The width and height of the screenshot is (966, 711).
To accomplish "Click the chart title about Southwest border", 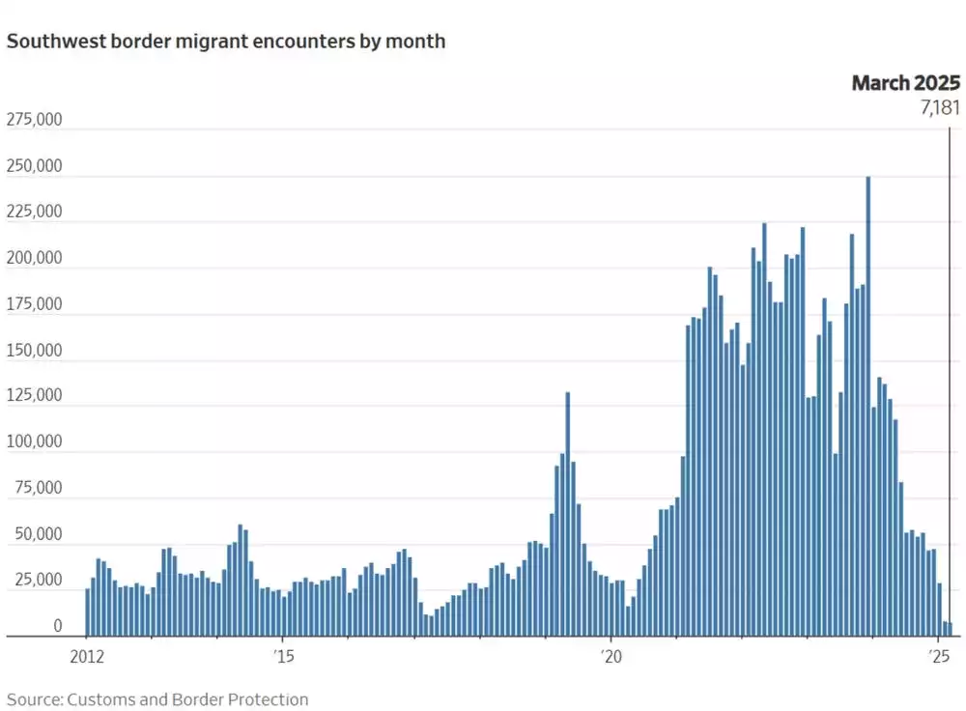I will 226,43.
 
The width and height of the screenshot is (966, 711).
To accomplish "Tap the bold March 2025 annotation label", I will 905,83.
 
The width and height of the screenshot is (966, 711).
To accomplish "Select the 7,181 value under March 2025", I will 939,107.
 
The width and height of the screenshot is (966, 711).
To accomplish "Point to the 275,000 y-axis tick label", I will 35,121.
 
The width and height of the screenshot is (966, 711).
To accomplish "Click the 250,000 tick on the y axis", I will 35,166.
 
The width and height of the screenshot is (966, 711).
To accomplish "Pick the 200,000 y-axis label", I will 35,258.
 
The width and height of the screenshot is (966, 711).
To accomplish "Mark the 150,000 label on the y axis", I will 35,350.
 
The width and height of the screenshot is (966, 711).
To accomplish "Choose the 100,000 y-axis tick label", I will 35,441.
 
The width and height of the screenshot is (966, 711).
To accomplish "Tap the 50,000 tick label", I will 39,534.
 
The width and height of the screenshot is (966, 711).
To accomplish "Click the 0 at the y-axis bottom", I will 58,626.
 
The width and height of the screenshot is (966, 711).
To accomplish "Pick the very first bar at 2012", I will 88,612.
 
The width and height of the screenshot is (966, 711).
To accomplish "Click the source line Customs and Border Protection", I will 158,699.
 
